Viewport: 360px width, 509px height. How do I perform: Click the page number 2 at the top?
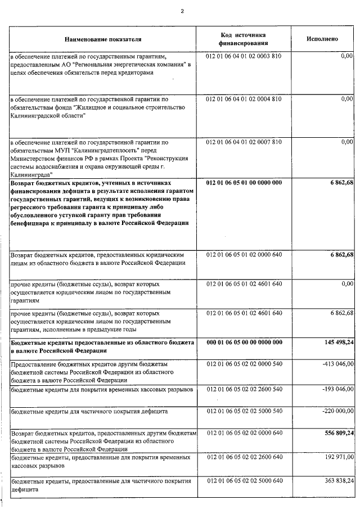(182, 10)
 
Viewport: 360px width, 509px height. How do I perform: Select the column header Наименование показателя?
(103, 39)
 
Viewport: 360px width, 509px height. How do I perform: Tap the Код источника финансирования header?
(244, 39)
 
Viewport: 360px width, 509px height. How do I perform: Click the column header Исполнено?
(322, 39)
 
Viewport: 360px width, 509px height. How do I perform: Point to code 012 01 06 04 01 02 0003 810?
(244, 57)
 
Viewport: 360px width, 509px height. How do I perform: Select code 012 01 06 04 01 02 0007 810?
(244, 142)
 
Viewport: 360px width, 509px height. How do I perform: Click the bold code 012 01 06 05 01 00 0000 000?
(244, 183)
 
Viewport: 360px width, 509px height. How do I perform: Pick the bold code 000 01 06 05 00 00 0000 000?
(244, 343)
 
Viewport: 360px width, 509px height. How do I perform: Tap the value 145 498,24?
(336, 343)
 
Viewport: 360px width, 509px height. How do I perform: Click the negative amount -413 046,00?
(336, 364)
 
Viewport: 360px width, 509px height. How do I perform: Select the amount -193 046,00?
(336, 389)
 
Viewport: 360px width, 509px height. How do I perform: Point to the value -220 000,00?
(336, 412)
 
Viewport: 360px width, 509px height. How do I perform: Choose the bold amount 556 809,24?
(336, 435)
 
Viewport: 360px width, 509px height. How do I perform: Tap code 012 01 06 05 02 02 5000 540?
(244, 412)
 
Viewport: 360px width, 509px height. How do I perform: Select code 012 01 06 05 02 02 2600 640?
(244, 458)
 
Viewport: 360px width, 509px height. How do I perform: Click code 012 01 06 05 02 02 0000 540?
(244, 364)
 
